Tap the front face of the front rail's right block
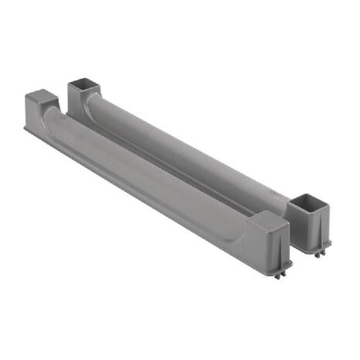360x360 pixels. [x=272, y=244]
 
